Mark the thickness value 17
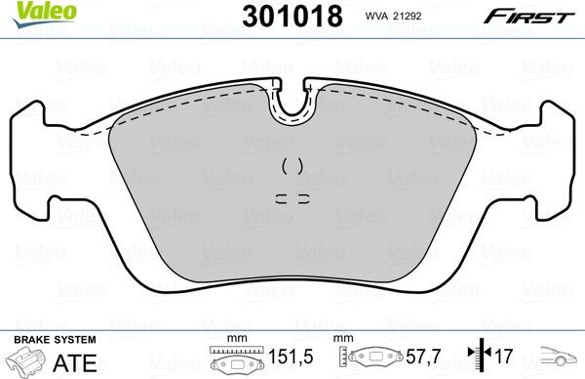[504, 359]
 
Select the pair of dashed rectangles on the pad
[292, 197]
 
